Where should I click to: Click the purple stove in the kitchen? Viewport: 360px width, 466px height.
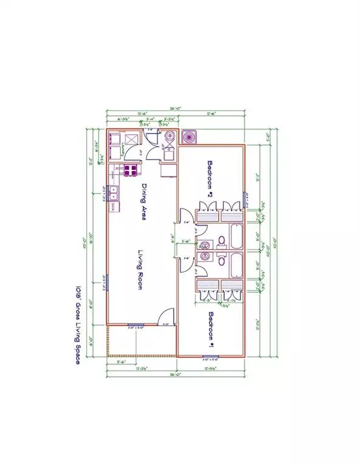point(130,171)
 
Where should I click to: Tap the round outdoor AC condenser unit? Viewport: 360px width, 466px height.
point(189,137)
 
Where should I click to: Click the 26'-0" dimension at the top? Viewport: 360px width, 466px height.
point(176,109)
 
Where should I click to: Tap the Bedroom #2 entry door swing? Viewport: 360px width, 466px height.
point(186,216)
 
